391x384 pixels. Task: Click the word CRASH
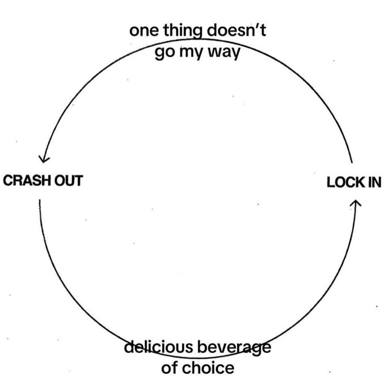(x=27, y=180)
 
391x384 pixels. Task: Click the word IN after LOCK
(x=375, y=182)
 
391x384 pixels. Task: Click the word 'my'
(x=190, y=53)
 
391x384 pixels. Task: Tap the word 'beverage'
(x=234, y=348)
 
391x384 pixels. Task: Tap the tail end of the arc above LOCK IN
(x=352, y=163)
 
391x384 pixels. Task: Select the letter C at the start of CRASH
(x=8, y=180)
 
